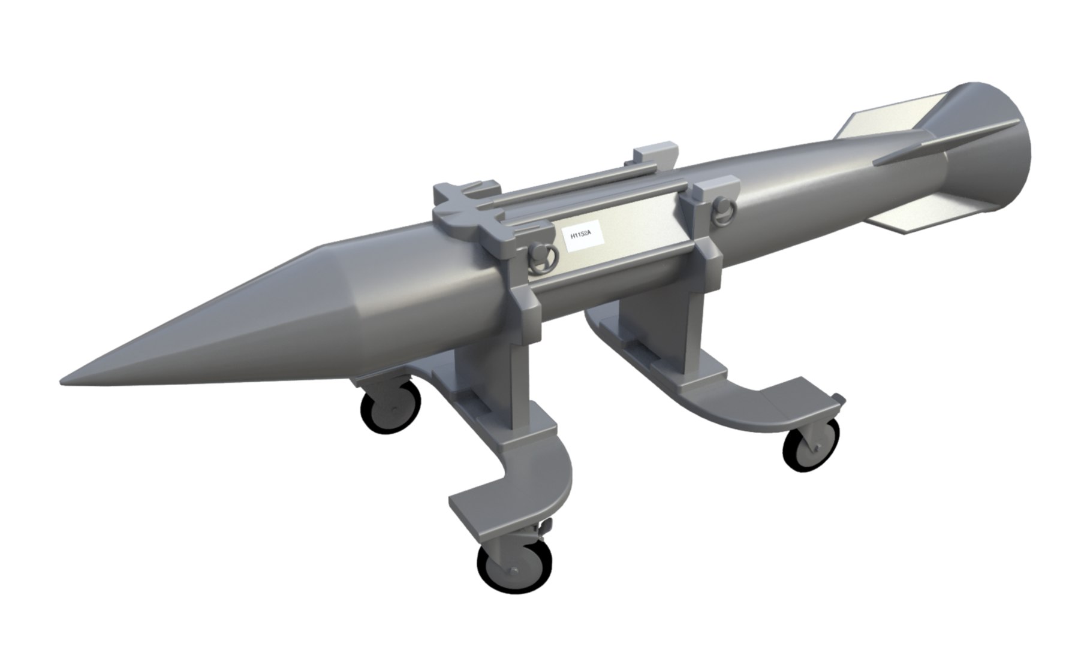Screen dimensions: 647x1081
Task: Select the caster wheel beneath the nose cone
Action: tap(390, 408)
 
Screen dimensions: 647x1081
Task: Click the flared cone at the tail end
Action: tap(989, 150)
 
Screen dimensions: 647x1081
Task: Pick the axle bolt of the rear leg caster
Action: tap(817, 447)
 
